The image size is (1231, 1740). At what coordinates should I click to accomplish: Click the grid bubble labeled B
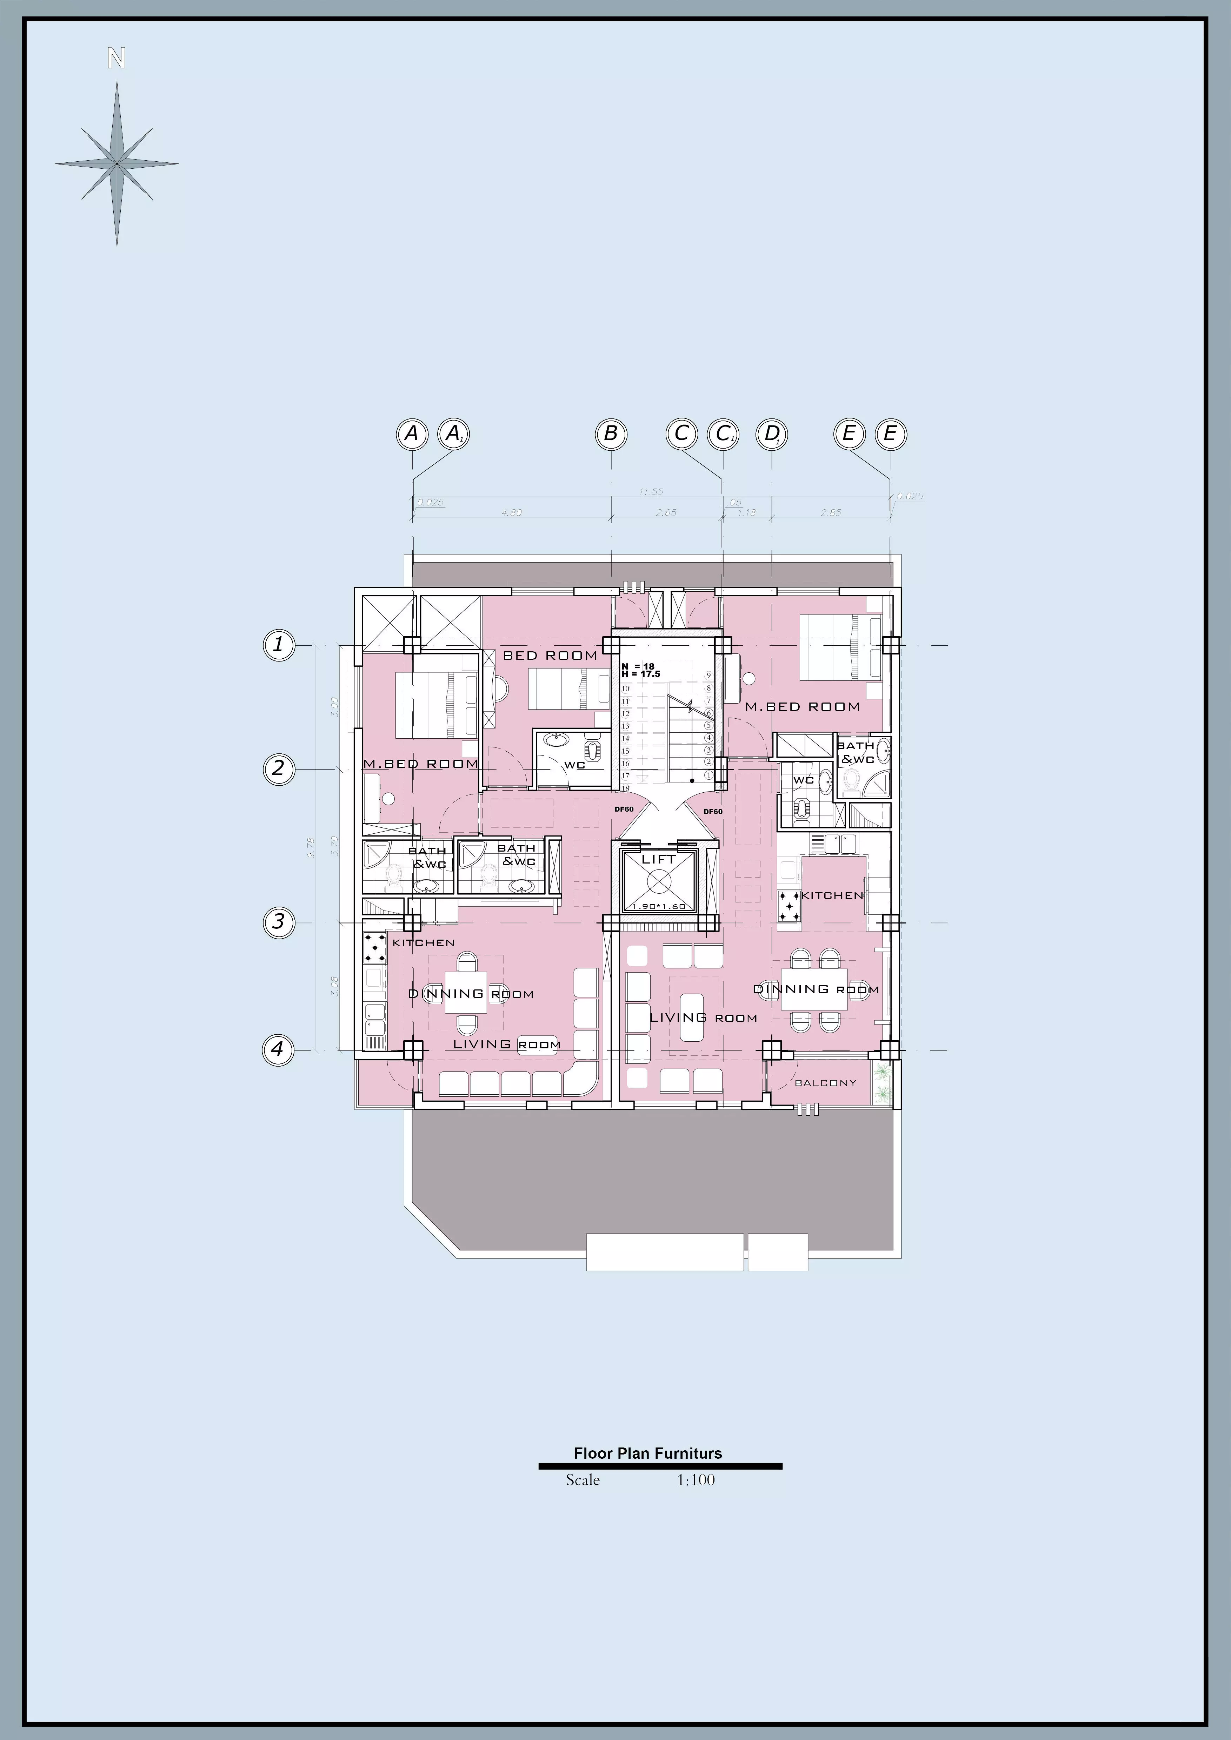pyautogui.click(x=611, y=434)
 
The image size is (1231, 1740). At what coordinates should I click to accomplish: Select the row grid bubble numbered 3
pyautogui.click(x=278, y=922)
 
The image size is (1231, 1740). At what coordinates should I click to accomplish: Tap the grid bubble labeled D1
pyautogui.click(x=772, y=434)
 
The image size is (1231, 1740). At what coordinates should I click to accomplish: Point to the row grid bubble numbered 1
pyautogui.click(x=278, y=645)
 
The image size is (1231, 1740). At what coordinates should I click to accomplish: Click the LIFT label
pyautogui.click(x=658, y=859)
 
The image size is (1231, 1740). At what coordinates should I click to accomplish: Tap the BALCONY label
pyautogui.click(x=825, y=1083)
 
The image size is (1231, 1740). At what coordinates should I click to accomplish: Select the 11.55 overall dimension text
pyautogui.click(x=650, y=492)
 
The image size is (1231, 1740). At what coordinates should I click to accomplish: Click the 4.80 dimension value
pyautogui.click(x=512, y=513)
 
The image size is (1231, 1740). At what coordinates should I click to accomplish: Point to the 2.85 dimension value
pyautogui.click(x=831, y=513)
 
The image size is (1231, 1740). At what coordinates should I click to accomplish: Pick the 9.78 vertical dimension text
pyautogui.click(x=311, y=847)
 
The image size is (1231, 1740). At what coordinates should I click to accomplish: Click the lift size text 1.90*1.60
pyautogui.click(x=658, y=906)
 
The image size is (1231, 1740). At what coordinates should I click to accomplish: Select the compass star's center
pyautogui.click(x=117, y=164)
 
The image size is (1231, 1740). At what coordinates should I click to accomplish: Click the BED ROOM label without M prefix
pyautogui.click(x=550, y=656)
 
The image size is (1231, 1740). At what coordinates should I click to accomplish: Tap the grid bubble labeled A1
pyautogui.click(x=454, y=434)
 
